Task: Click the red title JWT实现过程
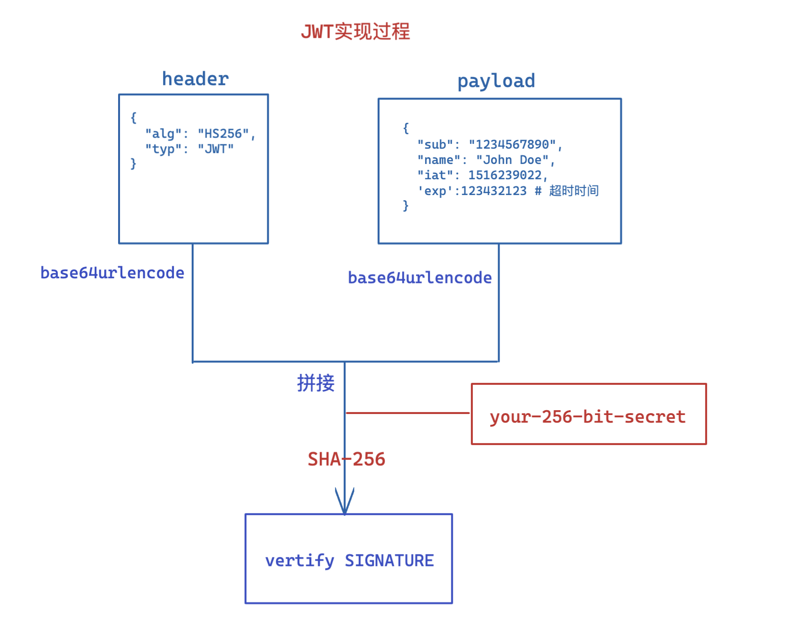coord(355,32)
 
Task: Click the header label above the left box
coord(195,79)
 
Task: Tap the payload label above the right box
coord(496,81)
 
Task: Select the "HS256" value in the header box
coord(223,133)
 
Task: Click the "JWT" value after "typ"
coord(216,149)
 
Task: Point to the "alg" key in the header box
coord(164,133)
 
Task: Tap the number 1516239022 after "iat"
coord(504,175)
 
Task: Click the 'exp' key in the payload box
coord(435,191)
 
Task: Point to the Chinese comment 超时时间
coord(573,191)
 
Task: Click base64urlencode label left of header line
coord(112,273)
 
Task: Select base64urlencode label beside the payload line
coord(419,278)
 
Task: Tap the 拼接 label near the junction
coord(316,383)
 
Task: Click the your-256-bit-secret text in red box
coord(587,416)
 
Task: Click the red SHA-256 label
coord(346,459)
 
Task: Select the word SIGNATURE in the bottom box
coord(389,560)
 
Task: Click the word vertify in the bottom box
coord(299,560)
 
